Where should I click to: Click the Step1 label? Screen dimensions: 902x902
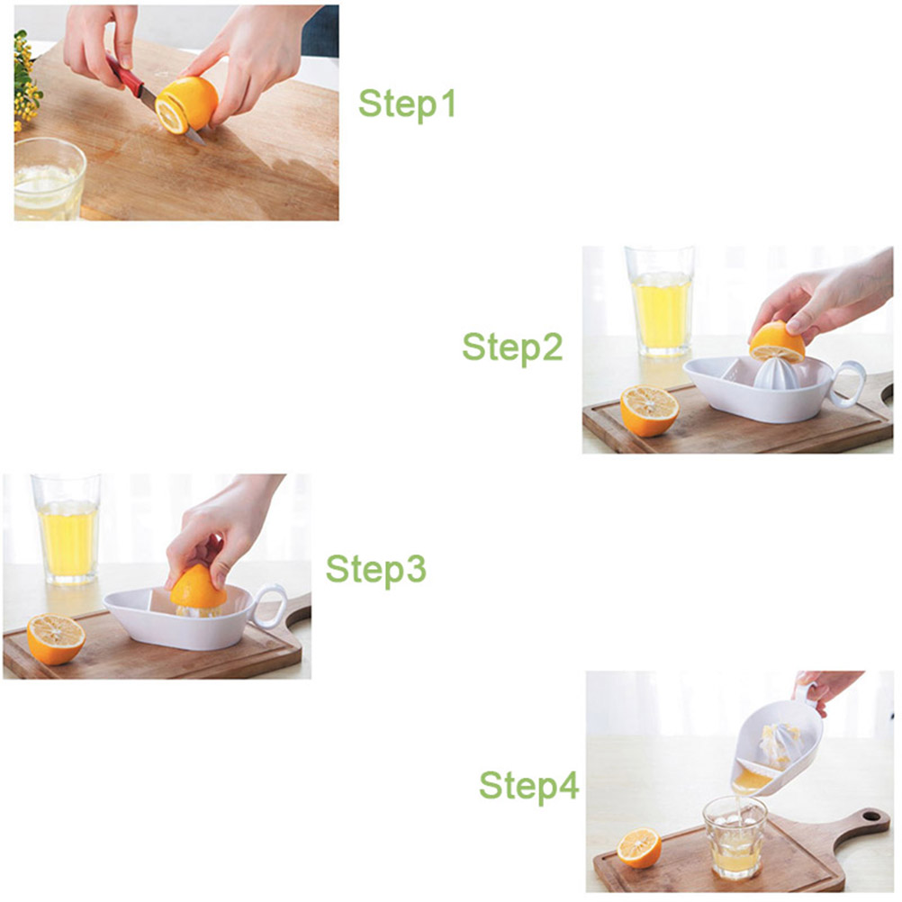(407, 104)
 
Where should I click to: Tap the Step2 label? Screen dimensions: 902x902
(512, 347)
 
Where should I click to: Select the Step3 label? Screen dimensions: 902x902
(375, 569)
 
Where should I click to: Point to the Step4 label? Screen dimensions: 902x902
(528, 786)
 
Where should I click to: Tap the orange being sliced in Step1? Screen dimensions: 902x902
(186, 104)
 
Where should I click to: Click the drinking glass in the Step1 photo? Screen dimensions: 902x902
(49, 179)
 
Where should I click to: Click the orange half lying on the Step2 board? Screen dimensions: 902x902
(649, 410)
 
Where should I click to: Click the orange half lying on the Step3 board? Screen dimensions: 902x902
(56, 638)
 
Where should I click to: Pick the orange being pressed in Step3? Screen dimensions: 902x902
(198, 587)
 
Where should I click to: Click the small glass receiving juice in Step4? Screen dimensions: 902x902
(735, 837)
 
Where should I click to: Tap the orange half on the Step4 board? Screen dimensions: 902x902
(638, 848)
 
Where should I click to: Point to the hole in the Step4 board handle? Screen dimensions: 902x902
(870, 816)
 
